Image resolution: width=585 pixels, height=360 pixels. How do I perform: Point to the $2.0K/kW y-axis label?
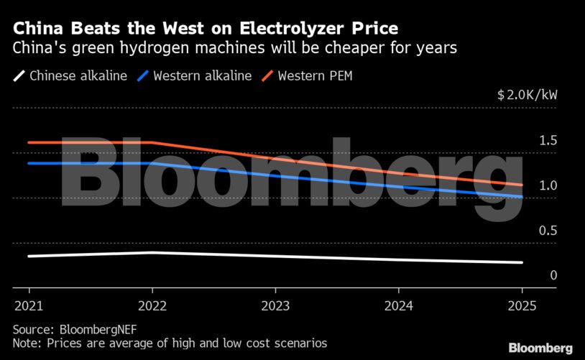pos(527,95)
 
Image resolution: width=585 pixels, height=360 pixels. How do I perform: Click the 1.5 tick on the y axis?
pos(548,140)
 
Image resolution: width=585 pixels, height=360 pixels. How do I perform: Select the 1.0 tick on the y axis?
pos(548,185)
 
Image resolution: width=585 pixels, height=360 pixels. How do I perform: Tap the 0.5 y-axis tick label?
pos(548,230)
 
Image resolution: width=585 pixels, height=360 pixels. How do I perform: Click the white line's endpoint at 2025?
pos(522,262)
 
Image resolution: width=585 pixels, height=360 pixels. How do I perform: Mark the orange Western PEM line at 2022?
pos(152,142)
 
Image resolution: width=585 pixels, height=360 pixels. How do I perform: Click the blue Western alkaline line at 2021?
pos(29,163)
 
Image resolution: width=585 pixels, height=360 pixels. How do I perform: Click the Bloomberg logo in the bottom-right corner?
pos(540,348)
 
